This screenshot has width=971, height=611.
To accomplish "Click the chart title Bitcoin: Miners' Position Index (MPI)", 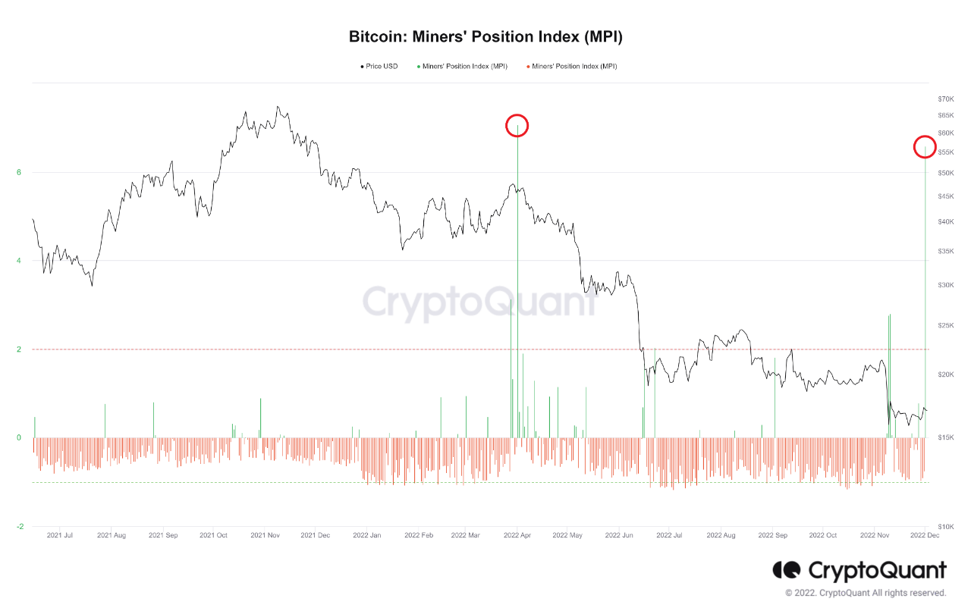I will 485,36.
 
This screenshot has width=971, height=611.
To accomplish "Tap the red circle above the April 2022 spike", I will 517,126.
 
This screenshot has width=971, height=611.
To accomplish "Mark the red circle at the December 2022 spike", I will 925,147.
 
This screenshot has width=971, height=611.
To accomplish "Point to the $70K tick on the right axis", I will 945,99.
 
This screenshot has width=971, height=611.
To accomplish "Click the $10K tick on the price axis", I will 945,527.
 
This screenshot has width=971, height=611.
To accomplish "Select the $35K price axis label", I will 945,252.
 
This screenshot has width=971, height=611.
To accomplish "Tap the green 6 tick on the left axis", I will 19,173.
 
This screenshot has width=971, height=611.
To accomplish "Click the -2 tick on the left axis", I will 18,527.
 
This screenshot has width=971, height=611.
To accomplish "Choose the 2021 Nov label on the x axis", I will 266,535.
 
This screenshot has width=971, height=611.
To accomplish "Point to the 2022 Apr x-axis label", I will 516,535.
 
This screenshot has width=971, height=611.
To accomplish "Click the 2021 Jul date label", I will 60,535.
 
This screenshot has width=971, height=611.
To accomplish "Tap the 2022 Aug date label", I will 721,535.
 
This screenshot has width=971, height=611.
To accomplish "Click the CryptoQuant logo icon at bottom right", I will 787,570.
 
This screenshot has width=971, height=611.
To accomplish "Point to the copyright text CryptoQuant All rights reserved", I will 866,593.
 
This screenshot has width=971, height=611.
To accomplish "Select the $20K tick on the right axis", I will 945,375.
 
